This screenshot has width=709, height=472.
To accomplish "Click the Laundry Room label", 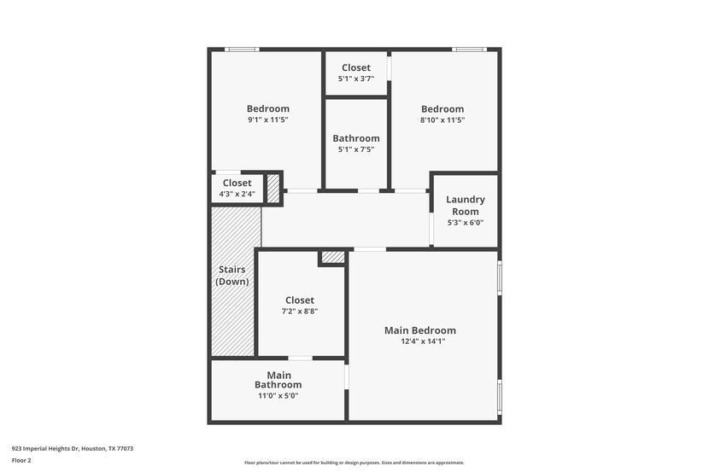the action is tap(466, 205).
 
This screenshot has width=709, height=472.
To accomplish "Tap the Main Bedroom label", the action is tap(420, 330).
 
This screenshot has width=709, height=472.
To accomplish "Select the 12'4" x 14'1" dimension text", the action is tap(423, 341).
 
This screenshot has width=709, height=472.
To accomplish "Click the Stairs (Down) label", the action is tap(232, 275).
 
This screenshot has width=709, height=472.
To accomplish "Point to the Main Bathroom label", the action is tap(278, 380).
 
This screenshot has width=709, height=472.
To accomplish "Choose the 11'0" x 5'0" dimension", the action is tap(278, 396).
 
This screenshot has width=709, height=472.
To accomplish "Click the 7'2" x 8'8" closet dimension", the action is tap(300, 311).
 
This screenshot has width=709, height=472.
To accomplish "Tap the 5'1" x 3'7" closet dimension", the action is tap(356, 79).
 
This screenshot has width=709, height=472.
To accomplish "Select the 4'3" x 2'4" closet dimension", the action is tap(237, 194).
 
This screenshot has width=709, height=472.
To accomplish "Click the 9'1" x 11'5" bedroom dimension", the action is tap(268, 119).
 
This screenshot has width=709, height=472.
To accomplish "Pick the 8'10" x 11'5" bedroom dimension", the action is tap(442, 119).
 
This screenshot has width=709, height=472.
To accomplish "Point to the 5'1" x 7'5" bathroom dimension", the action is tap(356, 149).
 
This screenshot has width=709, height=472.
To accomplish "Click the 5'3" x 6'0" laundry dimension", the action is tap(466, 222).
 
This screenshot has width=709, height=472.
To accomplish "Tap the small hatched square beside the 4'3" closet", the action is tap(273, 189).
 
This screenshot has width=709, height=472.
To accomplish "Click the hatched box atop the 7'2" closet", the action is tap(333, 257).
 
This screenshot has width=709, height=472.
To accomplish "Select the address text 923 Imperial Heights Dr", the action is tap(45, 448).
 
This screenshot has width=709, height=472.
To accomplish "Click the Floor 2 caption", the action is tap(21, 460).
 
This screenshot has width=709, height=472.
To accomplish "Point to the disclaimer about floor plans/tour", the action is tap(354, 463).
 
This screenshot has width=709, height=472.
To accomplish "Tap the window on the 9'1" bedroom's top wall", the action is tap(242, 50).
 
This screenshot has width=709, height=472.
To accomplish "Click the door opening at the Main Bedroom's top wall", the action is tap(370, 249).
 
